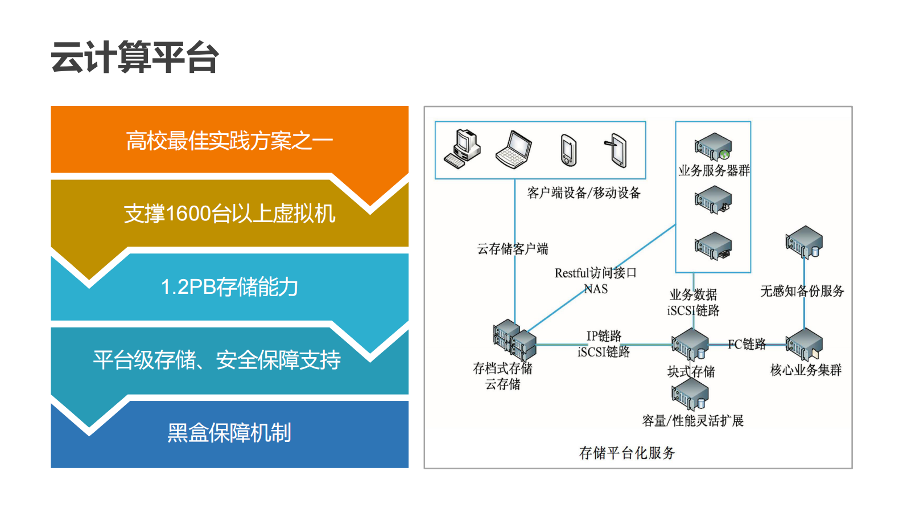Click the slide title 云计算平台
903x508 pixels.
(x=135, y=58)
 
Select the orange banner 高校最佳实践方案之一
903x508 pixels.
(x=229, y=141)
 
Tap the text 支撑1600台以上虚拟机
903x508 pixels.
(x=229, y=214)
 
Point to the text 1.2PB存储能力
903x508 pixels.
(x=229, y=286)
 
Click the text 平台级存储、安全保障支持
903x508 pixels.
(x=217, y=359)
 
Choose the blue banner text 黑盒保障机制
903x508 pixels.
(x=229, y=433)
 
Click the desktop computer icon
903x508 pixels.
(x=462, y=149)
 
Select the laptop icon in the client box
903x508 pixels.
(x=513, y=150)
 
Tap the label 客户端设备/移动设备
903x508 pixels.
(x=584, y=193)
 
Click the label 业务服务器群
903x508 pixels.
(x=714, y=170)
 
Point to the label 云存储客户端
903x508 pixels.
(x=512, y=249)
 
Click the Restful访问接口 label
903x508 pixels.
(x=595, y=273)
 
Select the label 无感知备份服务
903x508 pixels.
(x=802, y=291)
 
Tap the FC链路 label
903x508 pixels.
(x=747, y=344)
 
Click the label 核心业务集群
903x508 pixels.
(x=806, y=370)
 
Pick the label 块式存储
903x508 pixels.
(x=691, y=372)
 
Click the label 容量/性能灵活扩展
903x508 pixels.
(x=692, y=421)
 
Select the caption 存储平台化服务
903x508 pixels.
(x=626, y=453)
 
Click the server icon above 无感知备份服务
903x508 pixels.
(x=804, y=242)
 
